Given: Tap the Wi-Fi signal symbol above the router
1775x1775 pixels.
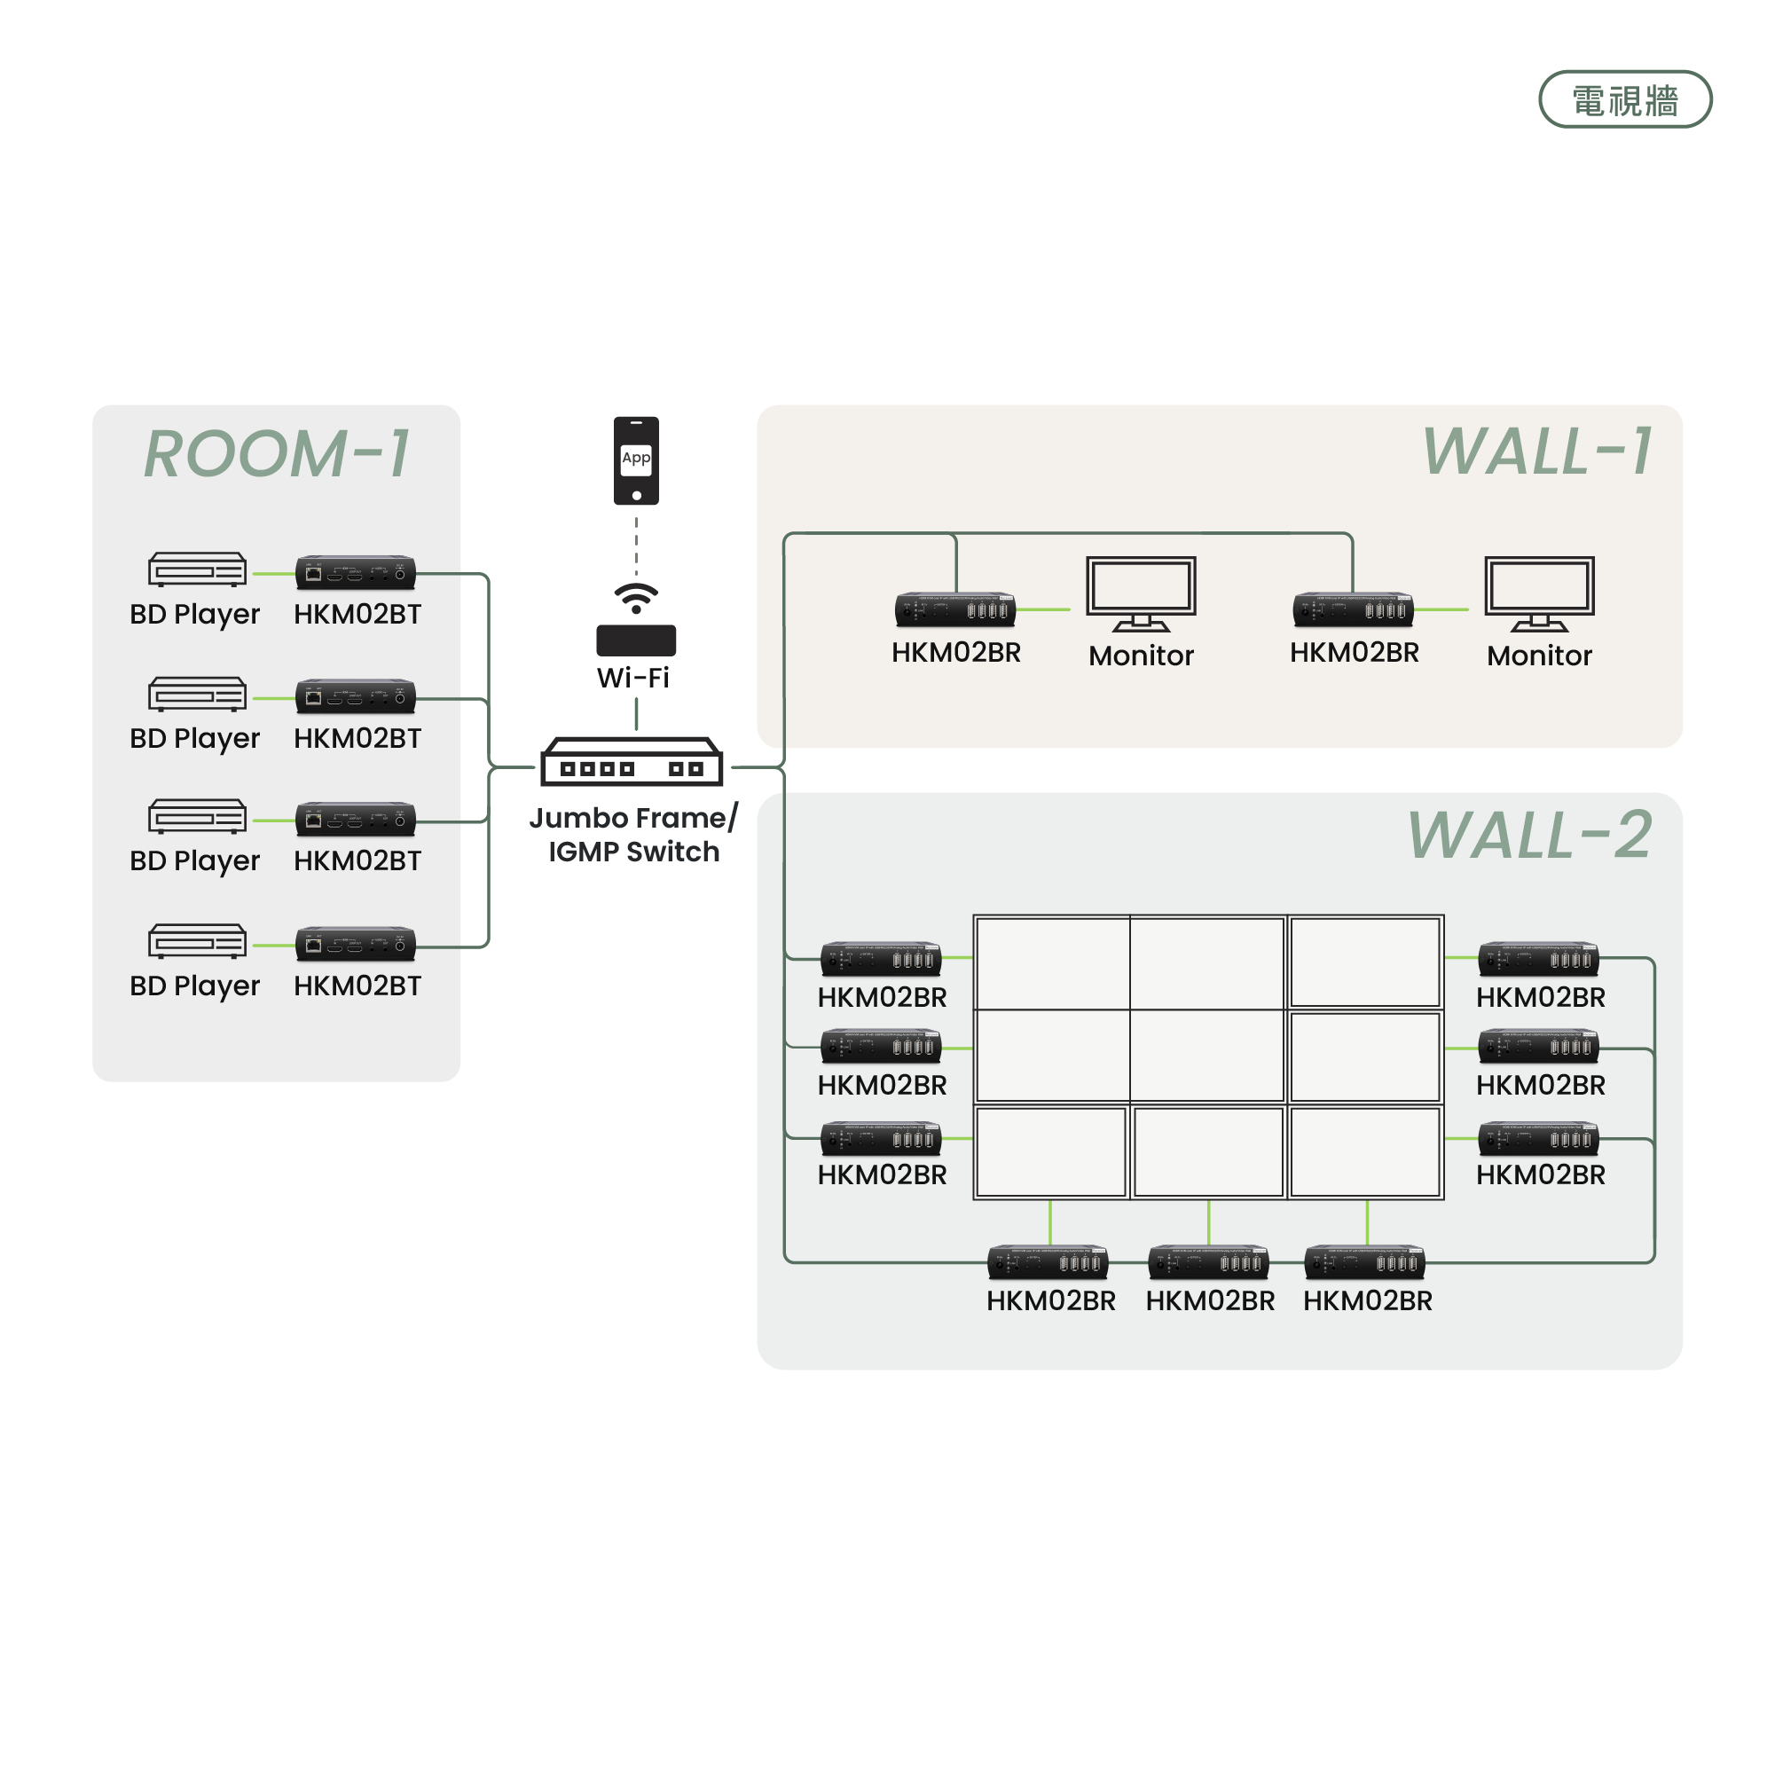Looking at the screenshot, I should point(636,597).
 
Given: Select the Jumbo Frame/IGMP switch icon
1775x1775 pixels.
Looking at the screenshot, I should point(632,762).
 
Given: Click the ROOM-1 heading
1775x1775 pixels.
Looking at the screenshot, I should point(277,454).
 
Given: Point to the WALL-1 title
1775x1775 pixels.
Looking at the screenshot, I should point(1537,452).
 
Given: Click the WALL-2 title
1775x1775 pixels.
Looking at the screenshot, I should point(1529,835).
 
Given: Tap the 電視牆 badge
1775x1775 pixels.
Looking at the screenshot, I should point(1624,99).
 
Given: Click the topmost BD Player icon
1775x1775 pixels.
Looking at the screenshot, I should point(198,569).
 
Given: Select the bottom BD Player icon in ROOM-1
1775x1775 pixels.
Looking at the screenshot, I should point(198,942).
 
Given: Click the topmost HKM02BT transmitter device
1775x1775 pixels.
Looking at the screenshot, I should point(356,572).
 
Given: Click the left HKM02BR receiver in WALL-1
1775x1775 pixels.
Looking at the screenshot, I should point(955,609).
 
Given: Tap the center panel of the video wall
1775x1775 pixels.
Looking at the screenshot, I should point(1207,1056).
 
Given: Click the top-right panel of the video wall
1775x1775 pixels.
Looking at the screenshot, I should point(1365,962).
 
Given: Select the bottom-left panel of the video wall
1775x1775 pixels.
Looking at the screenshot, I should point(1051,1152).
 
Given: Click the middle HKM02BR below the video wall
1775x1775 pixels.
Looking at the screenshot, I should point(1208,1262).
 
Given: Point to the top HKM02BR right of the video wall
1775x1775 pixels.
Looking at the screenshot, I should point(1539,958).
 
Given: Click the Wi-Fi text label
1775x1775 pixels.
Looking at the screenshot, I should point(633,678).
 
